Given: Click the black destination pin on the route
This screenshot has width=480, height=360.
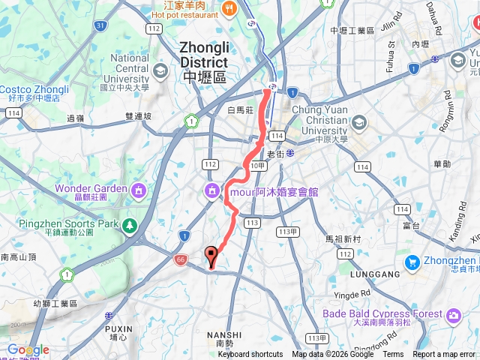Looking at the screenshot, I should click(x=211, y=256).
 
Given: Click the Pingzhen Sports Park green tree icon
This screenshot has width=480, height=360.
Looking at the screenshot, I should click(x=130, y=224).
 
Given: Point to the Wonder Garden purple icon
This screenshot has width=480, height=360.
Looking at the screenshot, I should click(x=138, y=191).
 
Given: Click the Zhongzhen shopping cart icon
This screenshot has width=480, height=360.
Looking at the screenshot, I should click(x=412, y=262).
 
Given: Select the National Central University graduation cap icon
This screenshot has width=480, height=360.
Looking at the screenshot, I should click(x=160, y=70).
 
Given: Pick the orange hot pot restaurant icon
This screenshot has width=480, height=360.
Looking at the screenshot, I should click(x=229, y=8).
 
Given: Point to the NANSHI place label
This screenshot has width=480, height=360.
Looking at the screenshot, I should click(x=224, y=334).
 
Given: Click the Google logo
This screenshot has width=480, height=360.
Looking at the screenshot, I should click(x=28, y=349).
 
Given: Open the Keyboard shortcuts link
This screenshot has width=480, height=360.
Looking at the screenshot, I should click(x=250, y=355).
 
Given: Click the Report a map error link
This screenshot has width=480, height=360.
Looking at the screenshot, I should click(x=444, y=355).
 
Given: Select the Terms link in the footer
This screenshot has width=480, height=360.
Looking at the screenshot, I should click(x=393, y=355).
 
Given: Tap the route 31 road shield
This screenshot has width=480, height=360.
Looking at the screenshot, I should click(x=100, y=25).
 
